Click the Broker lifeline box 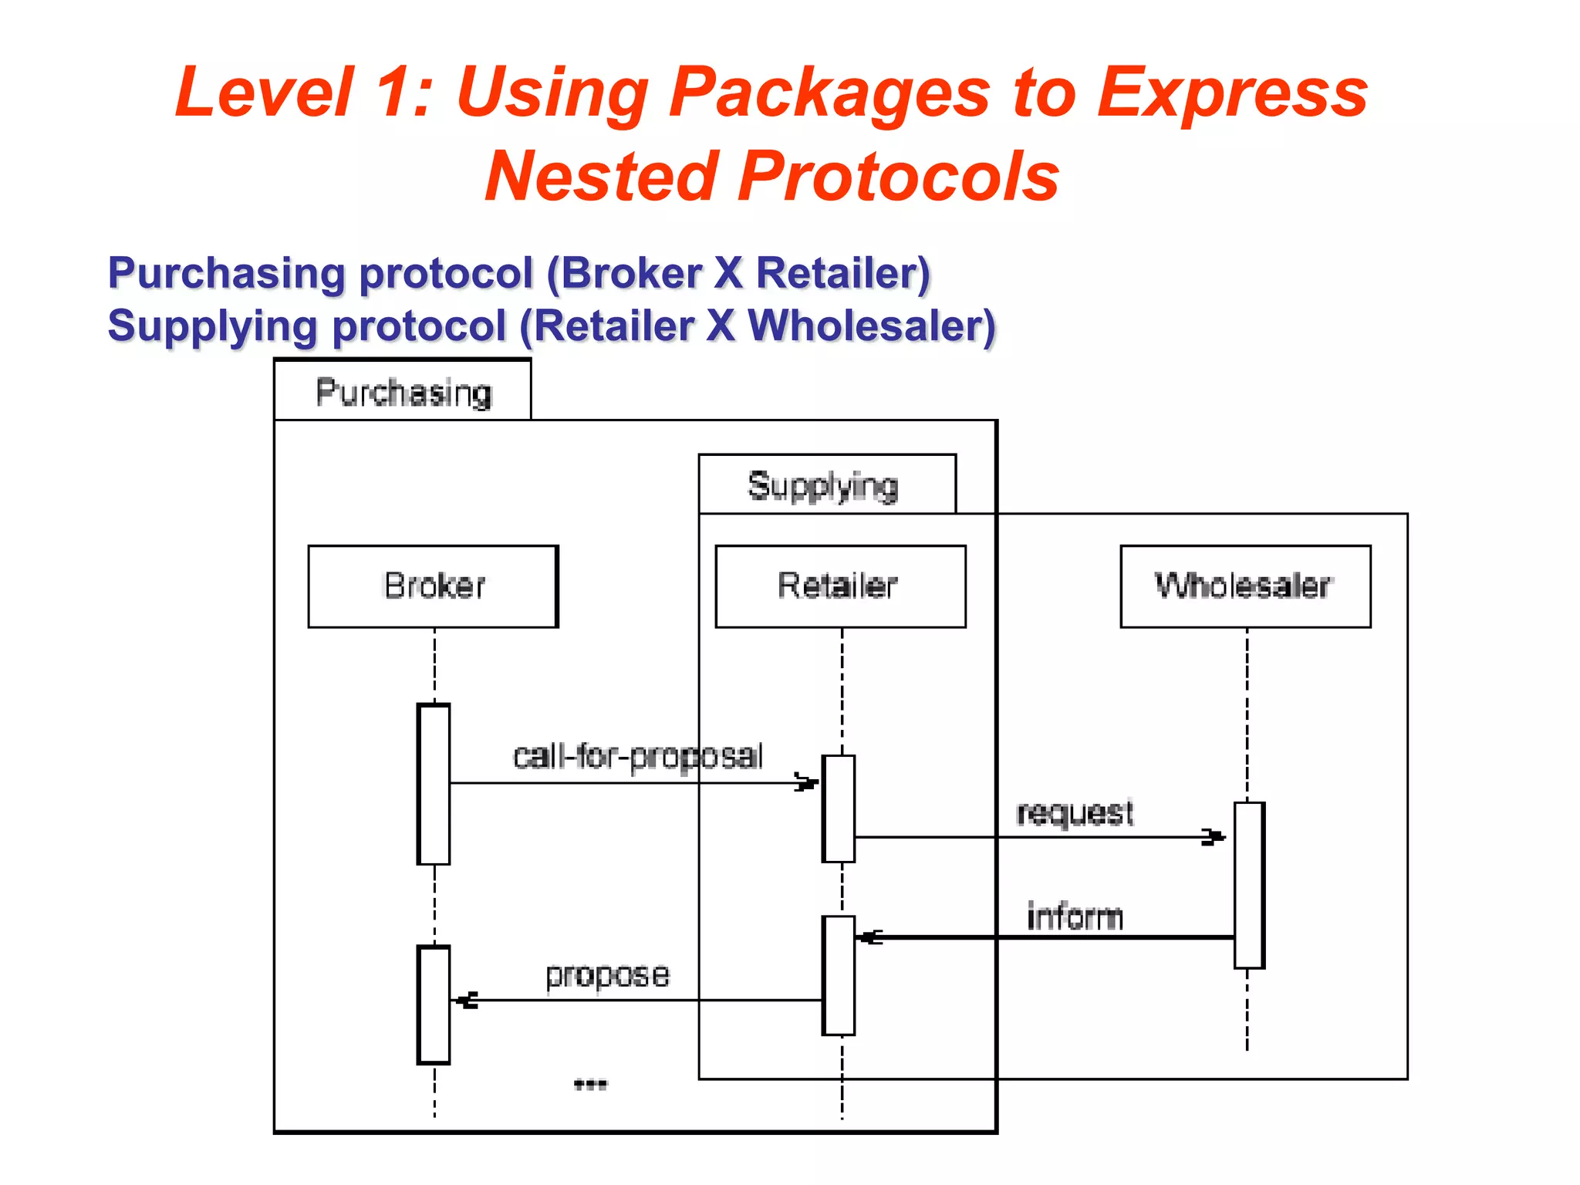point(433,586)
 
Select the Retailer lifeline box point(840,586)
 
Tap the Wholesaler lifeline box point(1245,586)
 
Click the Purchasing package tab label point(403,392)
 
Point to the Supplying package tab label point(823,486)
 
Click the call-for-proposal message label point(638,757)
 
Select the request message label point(1075,813)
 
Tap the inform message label point(1075,917)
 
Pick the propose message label point(607,975)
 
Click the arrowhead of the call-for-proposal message point(807,783)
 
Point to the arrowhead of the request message point(1214,837)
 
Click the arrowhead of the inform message point(870,937)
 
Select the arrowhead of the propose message point(465,1001)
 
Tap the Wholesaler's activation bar point(1249,885)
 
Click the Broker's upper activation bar point(434,784)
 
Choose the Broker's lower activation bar point(434,1004)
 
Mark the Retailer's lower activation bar point(839,975)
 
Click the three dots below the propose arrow point(591,1085)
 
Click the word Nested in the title point(600,177)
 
